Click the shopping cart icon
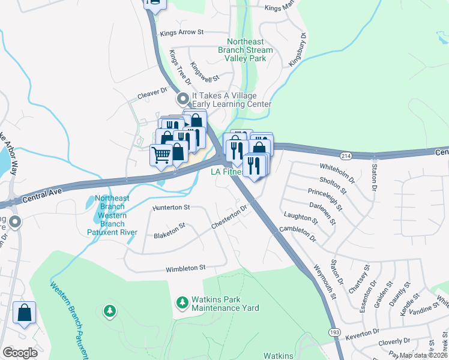pyautogui.click(x=161, y=155)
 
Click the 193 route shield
pyautogui.click(x=334, y=332)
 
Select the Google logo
pyautogui.click(x=20, y=353)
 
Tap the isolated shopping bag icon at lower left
pyautogui.click(x=24, y=313)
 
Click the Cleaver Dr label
pyautogui.click(x=152, y=92)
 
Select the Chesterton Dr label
pyautogui.click(x=229, y=218)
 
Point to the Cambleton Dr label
pyautogui.click(x=298, y=233)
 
